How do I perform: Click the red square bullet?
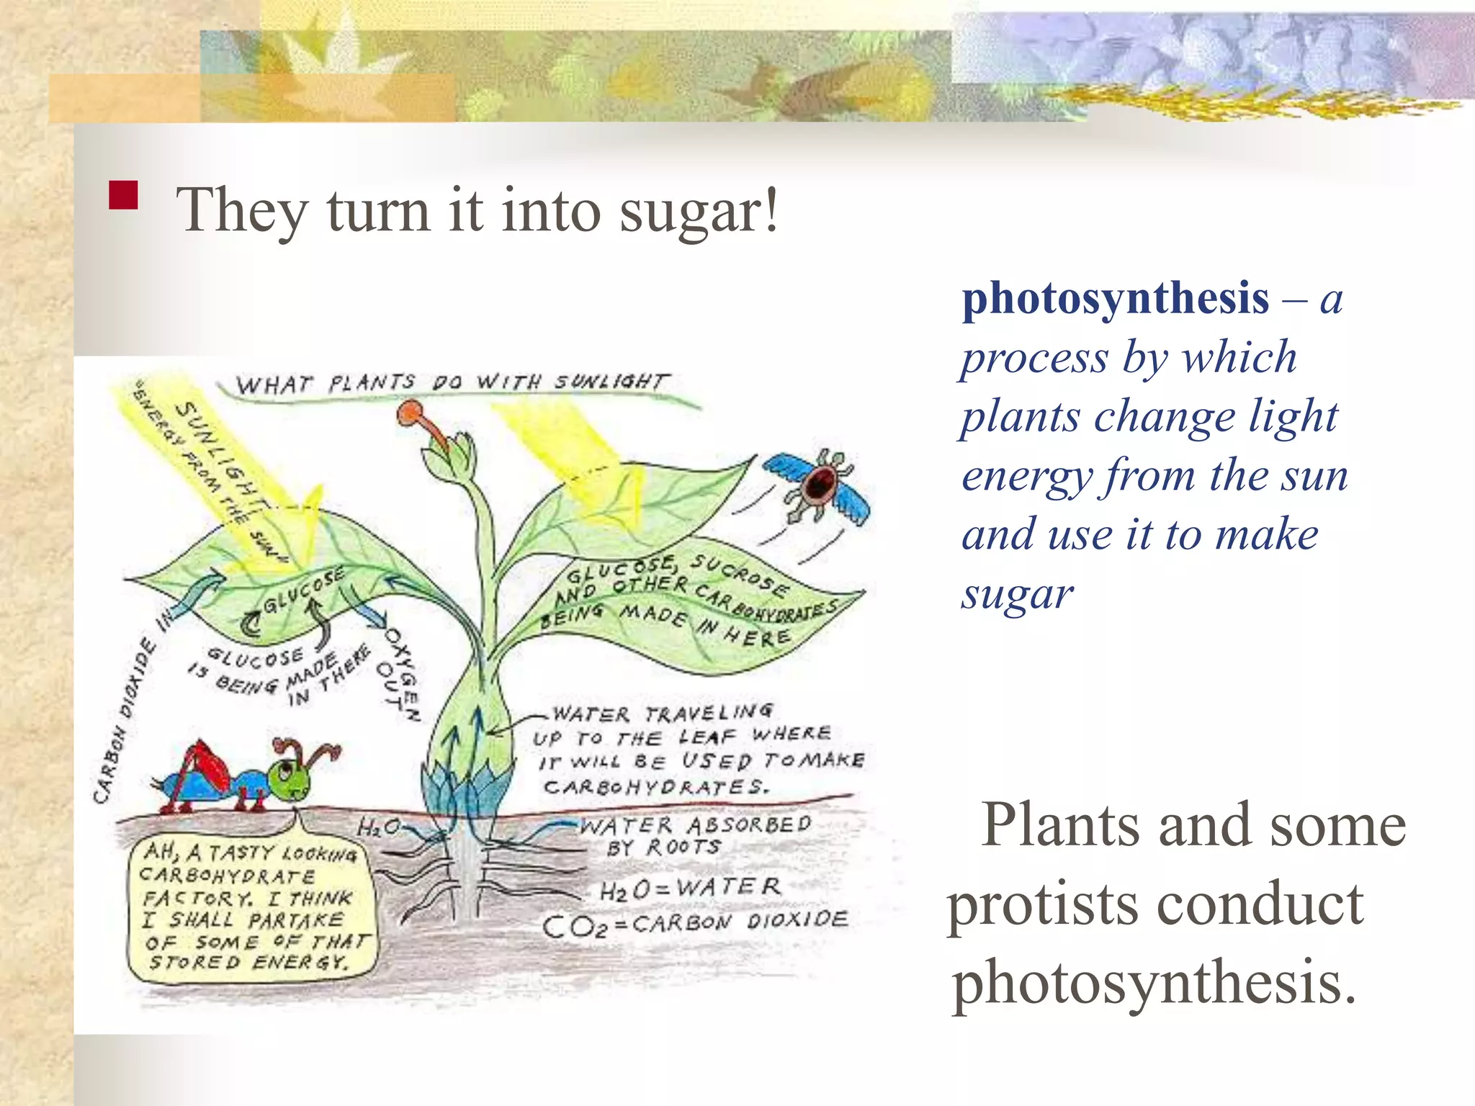[x=123, y=194]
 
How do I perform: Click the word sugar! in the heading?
[x=699, y=211]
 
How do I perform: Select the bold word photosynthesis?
[x=1116, y=298]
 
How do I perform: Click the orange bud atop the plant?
[x=411, y=414]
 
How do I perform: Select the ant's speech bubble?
[x=252, y=911]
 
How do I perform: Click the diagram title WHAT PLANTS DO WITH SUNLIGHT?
[x=452, y=382]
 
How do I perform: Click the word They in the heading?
[x=242, y=211]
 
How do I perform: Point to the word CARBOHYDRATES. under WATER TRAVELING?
[x=655, y=786]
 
